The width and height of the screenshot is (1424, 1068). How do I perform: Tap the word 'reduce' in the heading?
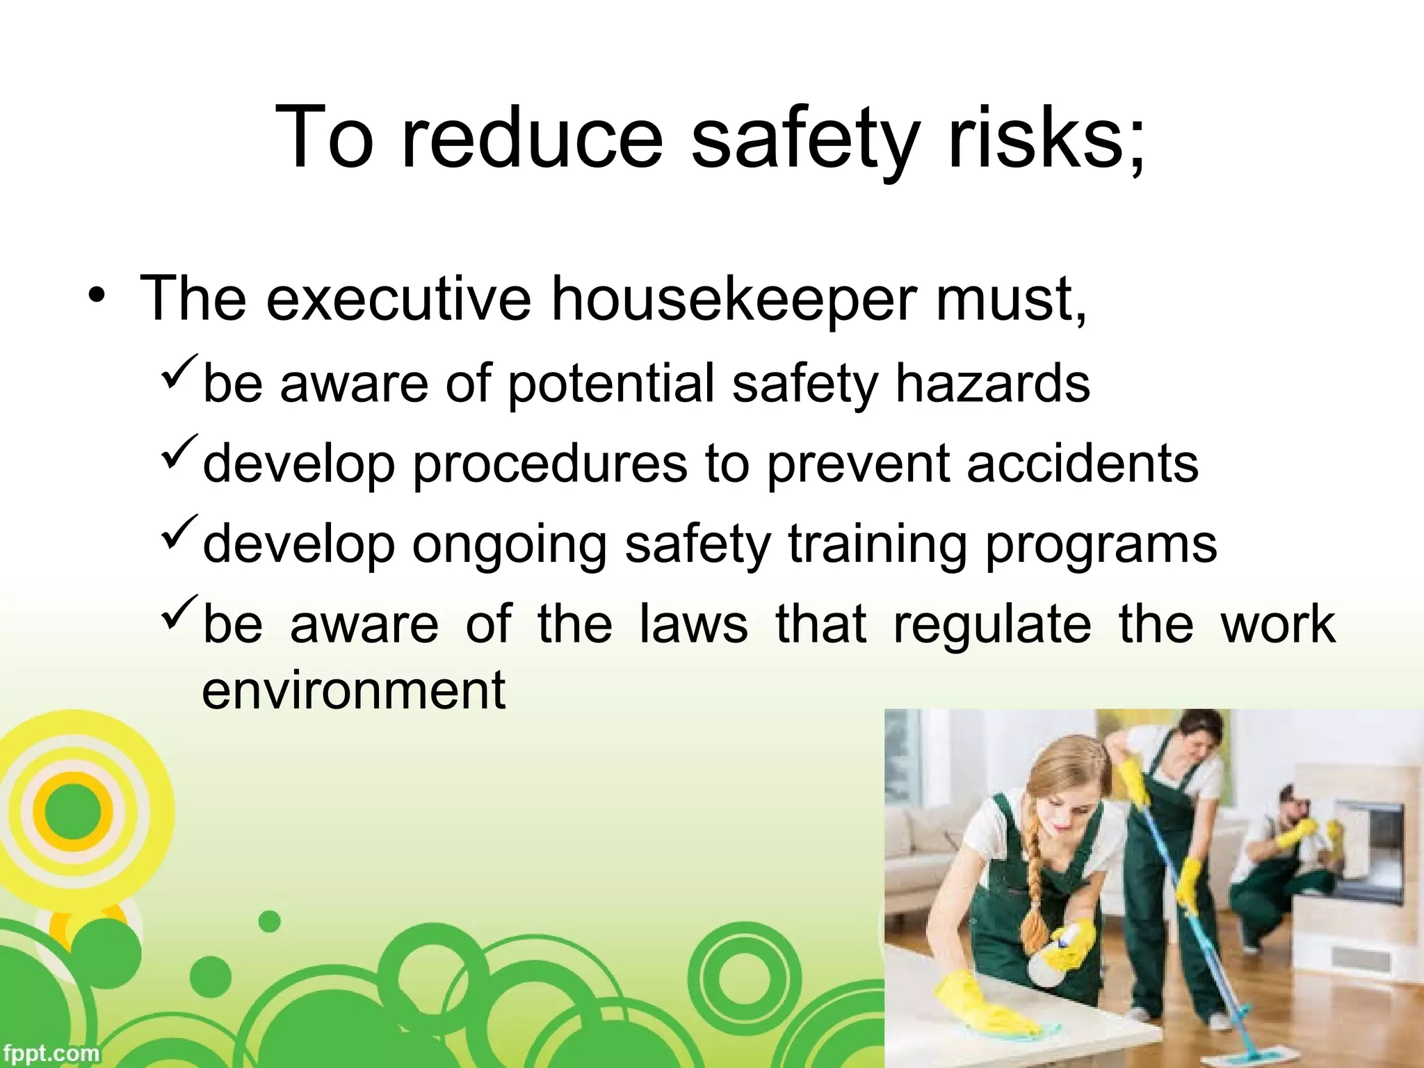click(x=533, y=136)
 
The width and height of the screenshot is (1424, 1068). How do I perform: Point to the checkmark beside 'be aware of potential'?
click(x=180, y=376)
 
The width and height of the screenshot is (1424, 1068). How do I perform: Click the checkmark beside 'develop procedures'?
click(x=180, y=456)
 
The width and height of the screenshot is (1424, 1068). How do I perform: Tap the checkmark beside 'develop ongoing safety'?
click(x=180, y=536)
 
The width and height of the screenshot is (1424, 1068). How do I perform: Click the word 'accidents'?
click(x=1083, y=463)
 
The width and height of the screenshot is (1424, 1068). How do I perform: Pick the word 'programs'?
click(x=1101, y=544)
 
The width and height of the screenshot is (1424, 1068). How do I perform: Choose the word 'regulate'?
click(x=992, y=624)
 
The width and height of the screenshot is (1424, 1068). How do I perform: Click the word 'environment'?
click(x=353, y=690)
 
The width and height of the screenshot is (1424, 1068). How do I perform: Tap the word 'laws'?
click(x=693, y=624)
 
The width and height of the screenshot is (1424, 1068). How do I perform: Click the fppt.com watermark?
click(x=50, y=1053)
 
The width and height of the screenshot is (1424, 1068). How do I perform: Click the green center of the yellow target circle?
click(x=73, y=811)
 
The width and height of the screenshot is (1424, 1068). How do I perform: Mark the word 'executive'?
click(x=398, y=299)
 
